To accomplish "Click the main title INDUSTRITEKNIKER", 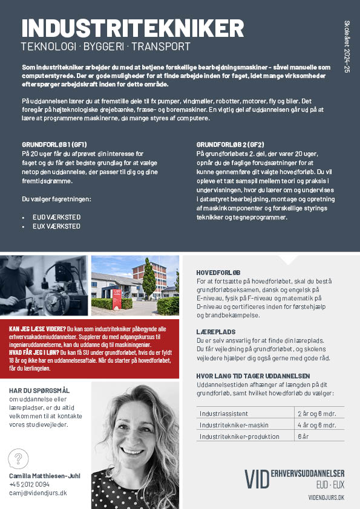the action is (133, 28).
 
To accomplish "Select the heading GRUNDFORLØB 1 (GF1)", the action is (54, 145).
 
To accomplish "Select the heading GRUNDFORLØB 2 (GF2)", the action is (231, 145).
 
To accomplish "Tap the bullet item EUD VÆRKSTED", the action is (56, 216).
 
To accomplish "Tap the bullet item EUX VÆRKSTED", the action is (56, 226).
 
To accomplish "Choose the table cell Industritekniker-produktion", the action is (239, 436).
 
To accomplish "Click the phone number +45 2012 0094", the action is (30, 484).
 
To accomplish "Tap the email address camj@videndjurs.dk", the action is (38, 493).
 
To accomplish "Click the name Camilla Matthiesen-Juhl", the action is (45, 476).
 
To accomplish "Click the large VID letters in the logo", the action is (257, 478).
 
